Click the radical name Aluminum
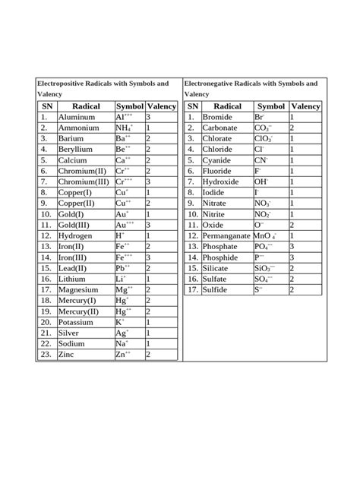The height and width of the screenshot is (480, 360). [x=78, y=118]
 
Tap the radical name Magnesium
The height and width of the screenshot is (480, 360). [x=81, y=290]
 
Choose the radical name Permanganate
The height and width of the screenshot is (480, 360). [x=226, y=236]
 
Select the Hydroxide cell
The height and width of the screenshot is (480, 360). [x=223, y=182]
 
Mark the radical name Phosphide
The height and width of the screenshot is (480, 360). [x=223, y=257]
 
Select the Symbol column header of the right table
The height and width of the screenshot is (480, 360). [x=271, y=107]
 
